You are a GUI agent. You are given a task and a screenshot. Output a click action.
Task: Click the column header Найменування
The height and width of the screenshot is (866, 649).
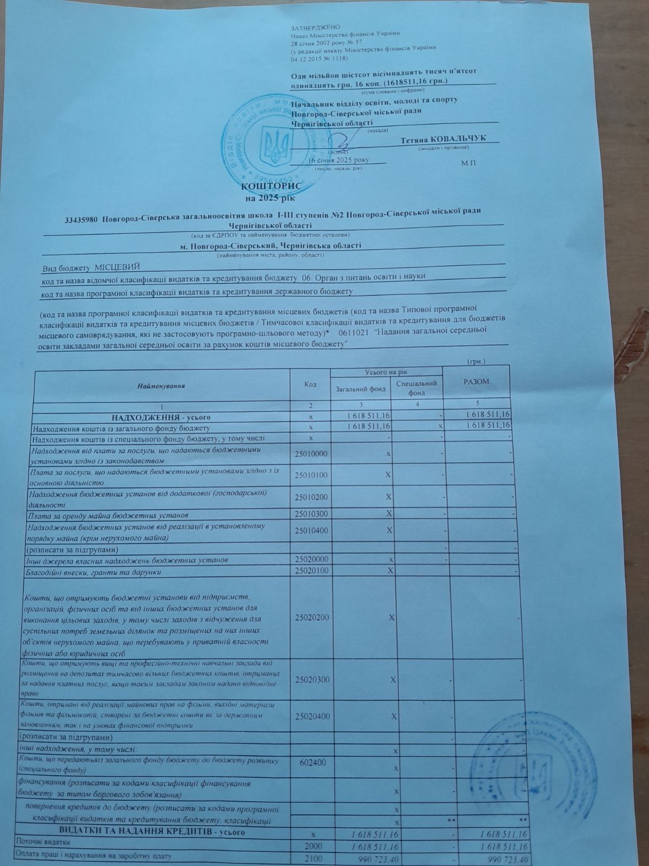pyautogui.click(x=161, y=386)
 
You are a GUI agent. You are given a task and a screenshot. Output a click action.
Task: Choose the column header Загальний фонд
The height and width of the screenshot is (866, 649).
pyautogui.click(x=361, y=389)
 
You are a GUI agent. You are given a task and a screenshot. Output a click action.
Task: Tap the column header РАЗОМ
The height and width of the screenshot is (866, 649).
pyautogui.click(x=476, y=382)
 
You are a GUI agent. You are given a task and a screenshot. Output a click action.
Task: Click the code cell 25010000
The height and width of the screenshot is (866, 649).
pyautogui.click(x=312, y=454)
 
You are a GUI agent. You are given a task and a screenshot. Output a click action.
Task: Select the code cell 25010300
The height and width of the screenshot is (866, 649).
pyautogui.click(x=312, y=514)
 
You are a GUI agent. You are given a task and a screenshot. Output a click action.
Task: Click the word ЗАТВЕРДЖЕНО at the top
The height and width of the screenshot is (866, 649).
pyautogui.click(x=315, y=27)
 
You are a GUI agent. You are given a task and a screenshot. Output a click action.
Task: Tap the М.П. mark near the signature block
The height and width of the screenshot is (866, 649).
pyautogui.click(x=469, y=162)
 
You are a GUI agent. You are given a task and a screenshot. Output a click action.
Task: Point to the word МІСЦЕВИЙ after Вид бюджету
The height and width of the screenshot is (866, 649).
pyautogui.click(x=117, y=267)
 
